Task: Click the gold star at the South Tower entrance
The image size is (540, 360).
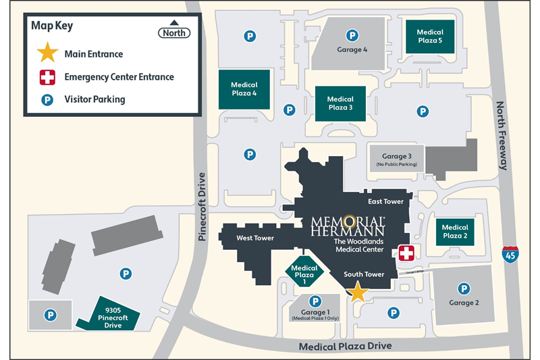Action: pos(356,292)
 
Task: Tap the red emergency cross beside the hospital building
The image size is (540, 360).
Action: pos(406,253)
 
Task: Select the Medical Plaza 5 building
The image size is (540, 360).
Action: pos(429,37)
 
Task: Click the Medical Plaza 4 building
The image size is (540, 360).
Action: pos(244,90)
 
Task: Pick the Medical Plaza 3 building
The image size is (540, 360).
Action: pos(340,104)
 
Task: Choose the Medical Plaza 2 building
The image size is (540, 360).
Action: pos(455,232)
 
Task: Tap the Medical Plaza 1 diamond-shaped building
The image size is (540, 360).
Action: pos(304,273)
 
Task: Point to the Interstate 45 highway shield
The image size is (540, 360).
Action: pos(510,255)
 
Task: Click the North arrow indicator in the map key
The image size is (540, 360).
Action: pos(174,30)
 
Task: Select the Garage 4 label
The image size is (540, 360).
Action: pos(352,50)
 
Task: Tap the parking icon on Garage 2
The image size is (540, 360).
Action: pos(464,288)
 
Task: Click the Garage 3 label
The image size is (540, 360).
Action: pos(396,157)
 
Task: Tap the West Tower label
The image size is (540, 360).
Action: pos(254,238)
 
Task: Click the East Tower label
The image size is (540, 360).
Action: pos(385,201)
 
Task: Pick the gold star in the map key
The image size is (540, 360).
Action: pos(47,53)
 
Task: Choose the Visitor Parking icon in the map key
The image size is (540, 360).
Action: pos(47,99)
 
